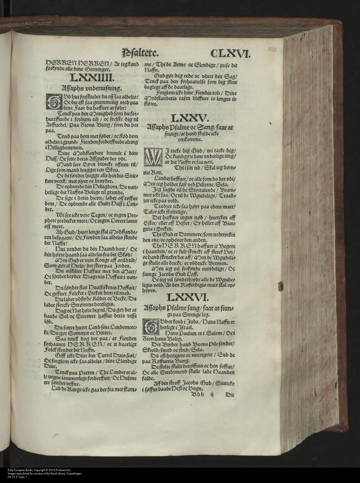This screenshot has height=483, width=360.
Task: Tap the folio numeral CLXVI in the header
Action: click(229, 54)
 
